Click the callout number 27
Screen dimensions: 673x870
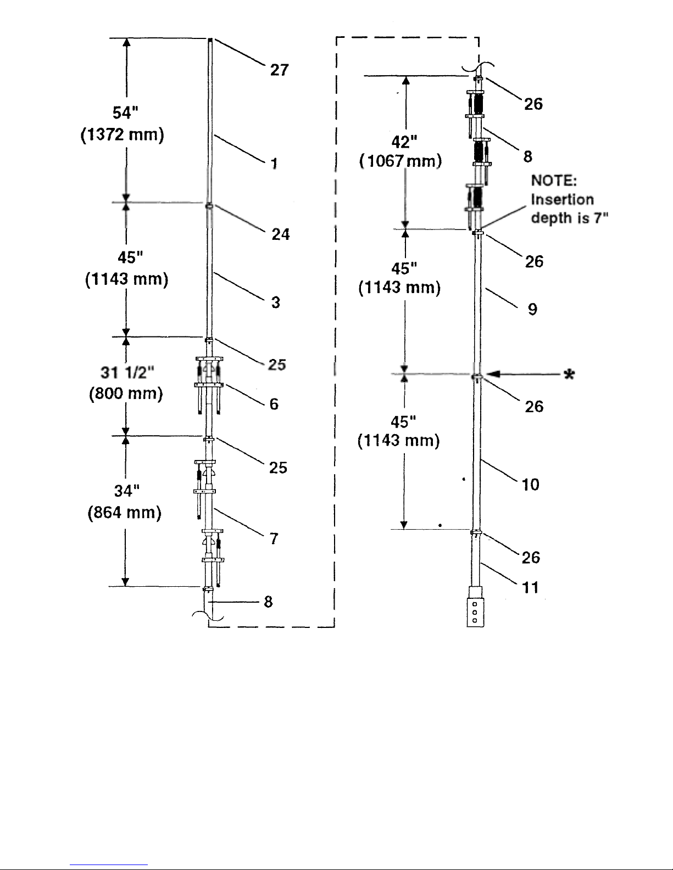click(279, 70)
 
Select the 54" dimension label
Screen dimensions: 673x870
click(125, 113)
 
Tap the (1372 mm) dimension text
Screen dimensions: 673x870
click(122, 134)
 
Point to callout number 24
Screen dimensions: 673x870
click(280, 234)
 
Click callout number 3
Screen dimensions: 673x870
click(276, 302)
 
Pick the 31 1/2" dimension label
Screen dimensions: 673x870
click(127, 372)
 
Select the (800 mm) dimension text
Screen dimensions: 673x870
click(126, 394)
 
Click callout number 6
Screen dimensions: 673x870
click(274, 404)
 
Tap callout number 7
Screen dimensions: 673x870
click(274, 538)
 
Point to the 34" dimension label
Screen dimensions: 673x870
click(126, 491)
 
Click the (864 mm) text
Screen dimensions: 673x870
click(124, 513)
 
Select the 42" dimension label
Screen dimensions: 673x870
click(404, 142)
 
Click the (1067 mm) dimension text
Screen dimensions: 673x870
click(401, 161)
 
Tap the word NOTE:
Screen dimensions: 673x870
click(554, 181)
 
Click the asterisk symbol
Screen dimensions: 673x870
click(569, 375)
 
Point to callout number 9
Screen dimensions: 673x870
click(532, 309)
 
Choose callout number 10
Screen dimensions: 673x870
click(530, 485)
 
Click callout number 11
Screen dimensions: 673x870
click(530, 588)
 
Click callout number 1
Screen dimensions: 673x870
click(274, 164)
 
